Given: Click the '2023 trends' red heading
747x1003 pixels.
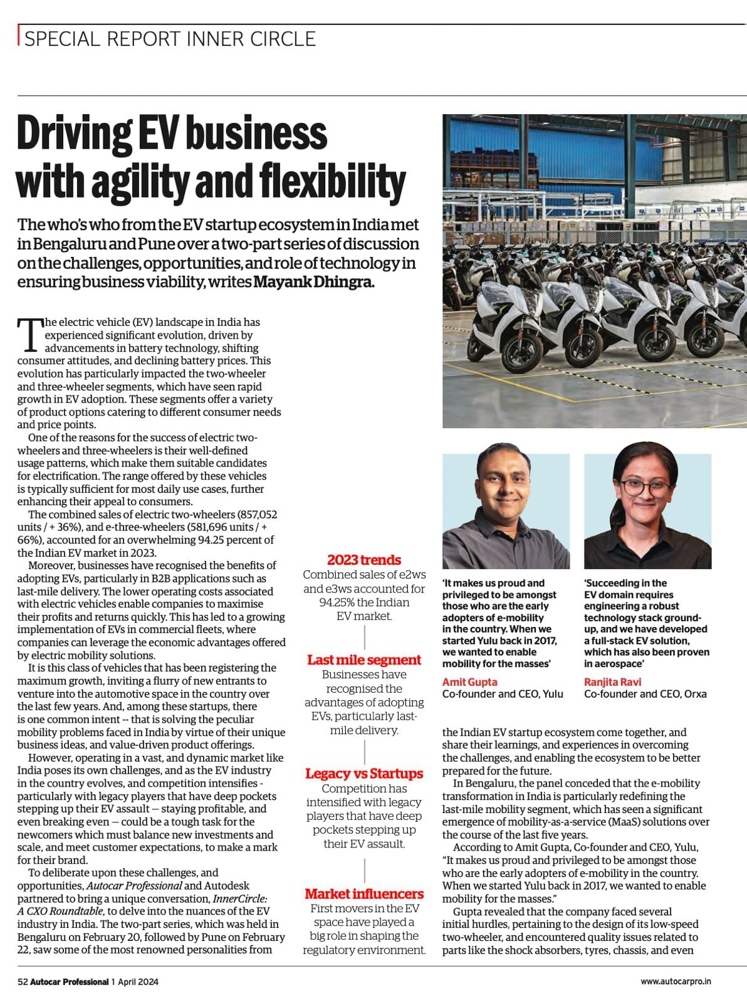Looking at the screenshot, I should [364, 560].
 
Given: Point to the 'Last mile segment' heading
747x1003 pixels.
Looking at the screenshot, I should [364, 659].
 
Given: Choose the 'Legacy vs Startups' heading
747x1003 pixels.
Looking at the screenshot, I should [364, 773].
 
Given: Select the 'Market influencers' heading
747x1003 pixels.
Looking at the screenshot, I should [364, 893].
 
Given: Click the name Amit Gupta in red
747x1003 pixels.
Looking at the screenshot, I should [470, 681].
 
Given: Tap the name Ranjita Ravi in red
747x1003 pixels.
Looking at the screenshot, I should [613, 681].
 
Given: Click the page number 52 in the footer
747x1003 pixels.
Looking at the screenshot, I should [23, 982].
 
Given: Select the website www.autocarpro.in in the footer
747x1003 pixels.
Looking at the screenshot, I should [684, 982].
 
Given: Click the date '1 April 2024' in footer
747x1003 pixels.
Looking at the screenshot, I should [135, 982].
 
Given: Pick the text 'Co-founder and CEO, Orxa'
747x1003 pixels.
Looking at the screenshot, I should [645, 694].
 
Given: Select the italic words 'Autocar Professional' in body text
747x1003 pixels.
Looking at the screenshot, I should [135, 885].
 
